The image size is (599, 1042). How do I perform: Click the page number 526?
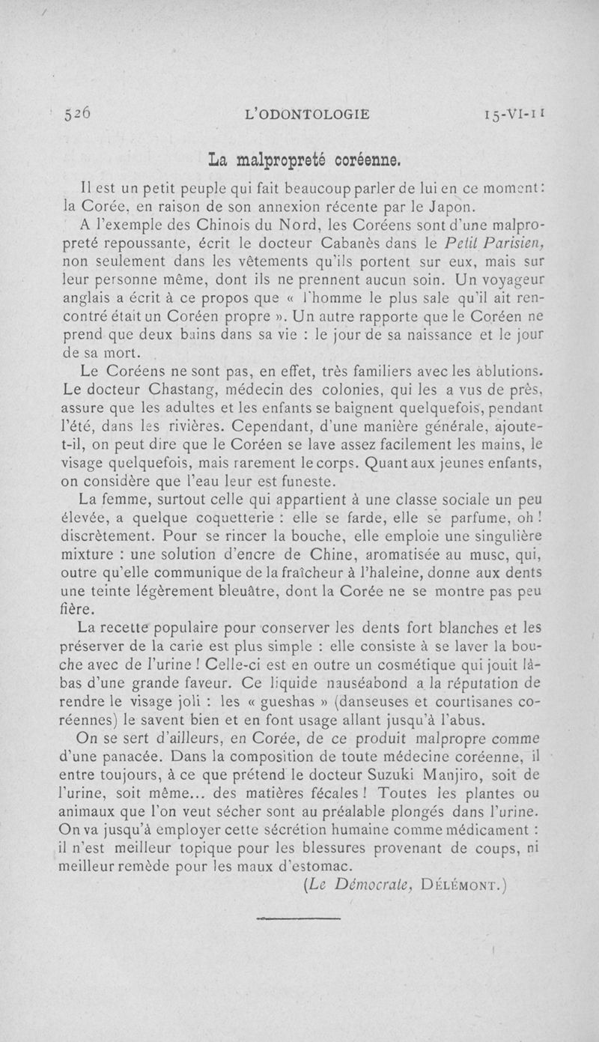click(x=77, y=114)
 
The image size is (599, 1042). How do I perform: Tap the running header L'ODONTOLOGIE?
click(x=307, y=115)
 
